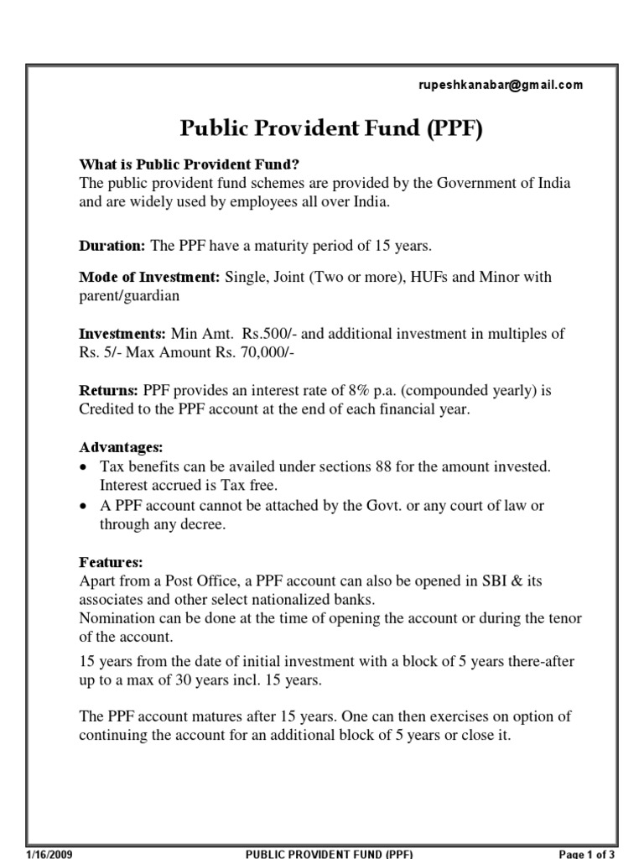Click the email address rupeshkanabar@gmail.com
pyautogui.click(x=501, y=85)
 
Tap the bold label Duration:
pyautogui.click(x=112, y=246)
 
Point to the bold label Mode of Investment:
pyautogui.click(x=150, y=277)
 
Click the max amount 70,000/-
pyautogui.click(x=265, y=352)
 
